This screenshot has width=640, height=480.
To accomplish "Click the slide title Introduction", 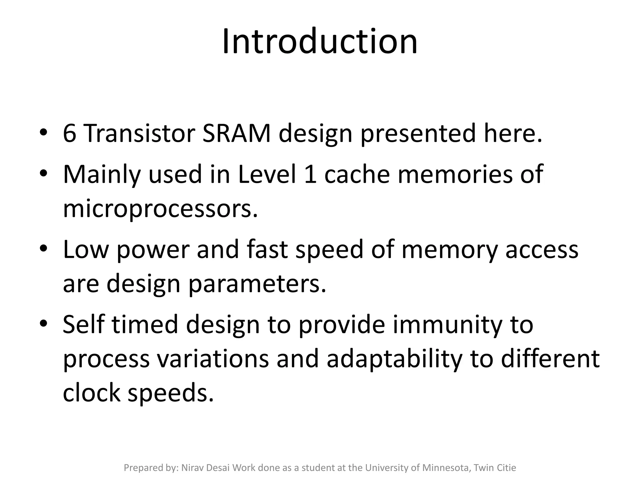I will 320,42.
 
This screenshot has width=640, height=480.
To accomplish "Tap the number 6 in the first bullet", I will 69,133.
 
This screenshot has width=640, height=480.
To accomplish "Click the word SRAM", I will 236,133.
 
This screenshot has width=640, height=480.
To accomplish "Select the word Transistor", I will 139,133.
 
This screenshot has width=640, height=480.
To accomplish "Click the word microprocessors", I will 160,209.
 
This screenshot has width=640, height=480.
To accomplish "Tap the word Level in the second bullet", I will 267,174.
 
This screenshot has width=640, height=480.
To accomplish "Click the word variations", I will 213,359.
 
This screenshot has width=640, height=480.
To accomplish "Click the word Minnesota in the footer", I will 447,468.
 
